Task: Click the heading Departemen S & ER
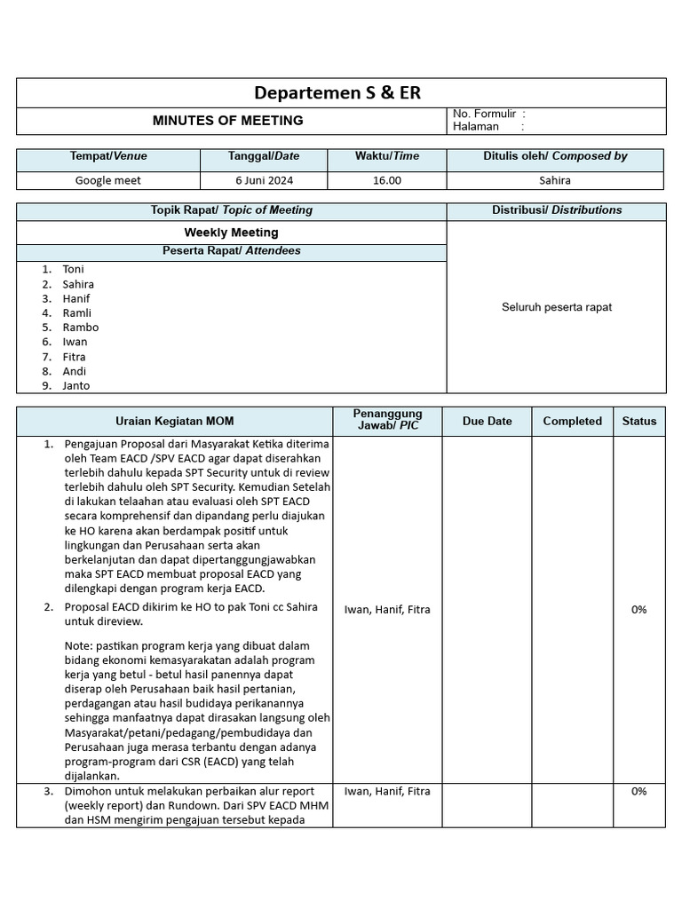click(x=337, y=93)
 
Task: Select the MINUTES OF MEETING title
click(x=228, y=121)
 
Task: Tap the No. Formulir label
click(x=484, y=114)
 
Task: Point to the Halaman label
click(x=476, y=127)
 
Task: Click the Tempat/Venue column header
click(x=108, y=156)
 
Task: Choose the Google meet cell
click(x=108, y=180)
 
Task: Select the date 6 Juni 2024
click(x=264, y=180)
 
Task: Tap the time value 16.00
click(x=387, y=180)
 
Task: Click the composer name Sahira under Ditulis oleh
click(x=555, y=180)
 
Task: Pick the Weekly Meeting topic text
click(x=231, y=233)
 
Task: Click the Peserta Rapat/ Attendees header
click(x=231, y=251)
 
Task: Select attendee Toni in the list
click(x=74, y=269)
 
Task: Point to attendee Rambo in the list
click(x=81, y=328)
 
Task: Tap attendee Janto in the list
click(x=76, y=386)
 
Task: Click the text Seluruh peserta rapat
click(x=557, y=307)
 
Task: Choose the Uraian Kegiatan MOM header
click(x=175, y=422)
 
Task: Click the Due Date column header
click(x=487, y=422)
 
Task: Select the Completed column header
click(x=572, y=422)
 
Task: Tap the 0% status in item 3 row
click(x=638, y=792)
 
